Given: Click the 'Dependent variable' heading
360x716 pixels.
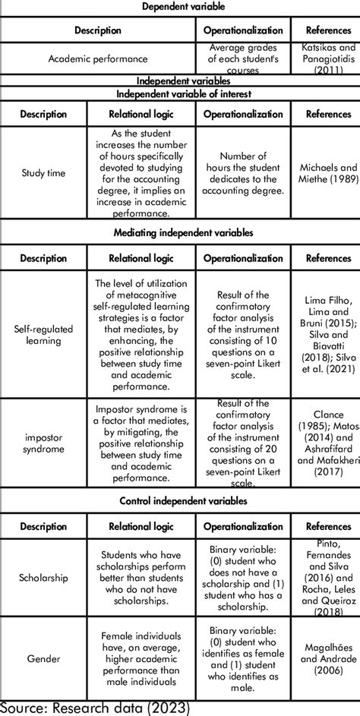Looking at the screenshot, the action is pyautogui.click(x=180, y=7).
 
